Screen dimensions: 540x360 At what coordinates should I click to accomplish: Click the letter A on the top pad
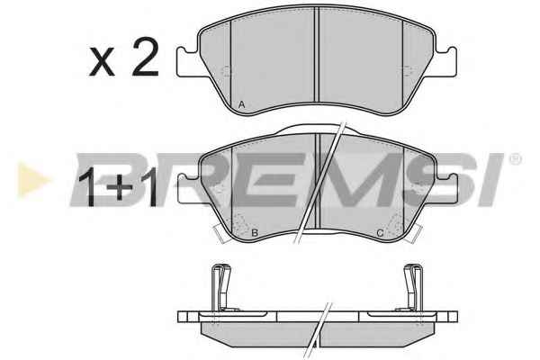(x=242, y=104)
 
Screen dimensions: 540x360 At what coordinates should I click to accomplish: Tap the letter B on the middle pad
(x=255, y=233)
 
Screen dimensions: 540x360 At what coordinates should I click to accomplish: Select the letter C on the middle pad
(x=380, y=233)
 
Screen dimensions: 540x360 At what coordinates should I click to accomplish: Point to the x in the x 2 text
(x=102, y=62)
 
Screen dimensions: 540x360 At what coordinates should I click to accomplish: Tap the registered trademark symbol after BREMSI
(x=515, y=159)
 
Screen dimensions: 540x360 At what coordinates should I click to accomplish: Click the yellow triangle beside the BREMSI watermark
(x=32, y=180)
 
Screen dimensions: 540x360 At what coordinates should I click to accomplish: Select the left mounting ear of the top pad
(x=188, y=62)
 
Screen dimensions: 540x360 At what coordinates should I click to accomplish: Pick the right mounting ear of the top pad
(x=445, y=62)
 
